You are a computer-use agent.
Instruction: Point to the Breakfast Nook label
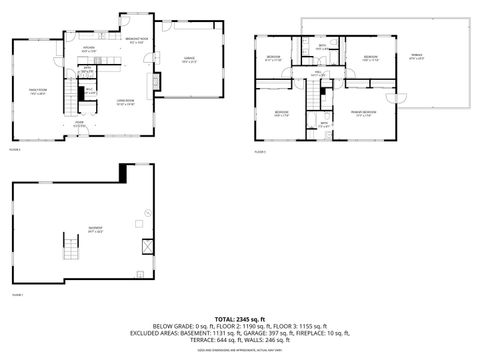tap(138, 41)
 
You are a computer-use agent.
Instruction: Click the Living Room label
tap(125, 103)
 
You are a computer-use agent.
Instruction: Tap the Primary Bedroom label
tap(367, 116)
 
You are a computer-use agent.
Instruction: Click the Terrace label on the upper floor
tap(417, 57)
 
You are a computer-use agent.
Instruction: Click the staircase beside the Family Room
tap(69, 97)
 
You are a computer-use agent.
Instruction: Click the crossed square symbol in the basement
tap(147, 246)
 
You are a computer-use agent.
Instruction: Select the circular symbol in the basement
tap(145, 213)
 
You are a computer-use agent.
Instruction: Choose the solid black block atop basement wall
tap(123, 173)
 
